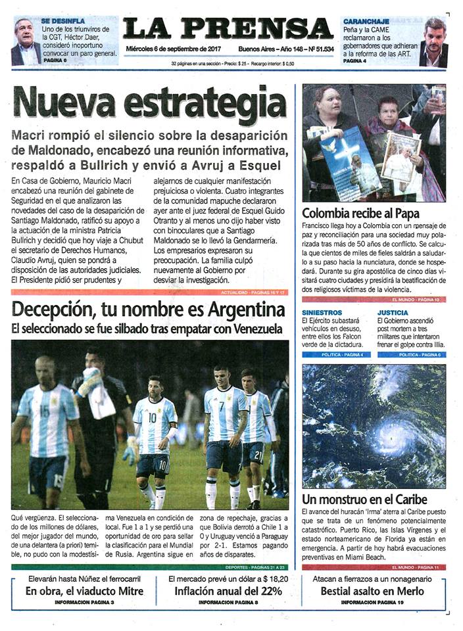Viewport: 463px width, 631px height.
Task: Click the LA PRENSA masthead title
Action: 228,29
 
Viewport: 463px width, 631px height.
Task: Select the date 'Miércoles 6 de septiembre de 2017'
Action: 174,49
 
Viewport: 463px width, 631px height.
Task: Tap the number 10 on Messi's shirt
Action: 153,416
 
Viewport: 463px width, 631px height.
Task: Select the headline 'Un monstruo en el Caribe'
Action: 364,499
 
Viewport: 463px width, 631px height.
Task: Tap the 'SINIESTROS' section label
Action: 322,312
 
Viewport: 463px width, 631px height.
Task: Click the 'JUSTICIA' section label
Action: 393,312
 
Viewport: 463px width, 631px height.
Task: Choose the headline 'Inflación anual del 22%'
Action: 227,591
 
